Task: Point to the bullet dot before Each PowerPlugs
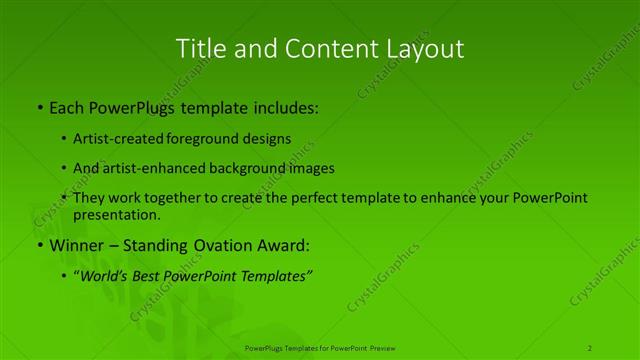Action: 39,106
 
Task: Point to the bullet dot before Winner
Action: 39,245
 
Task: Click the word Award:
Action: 289,245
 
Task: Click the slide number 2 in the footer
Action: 590,347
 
